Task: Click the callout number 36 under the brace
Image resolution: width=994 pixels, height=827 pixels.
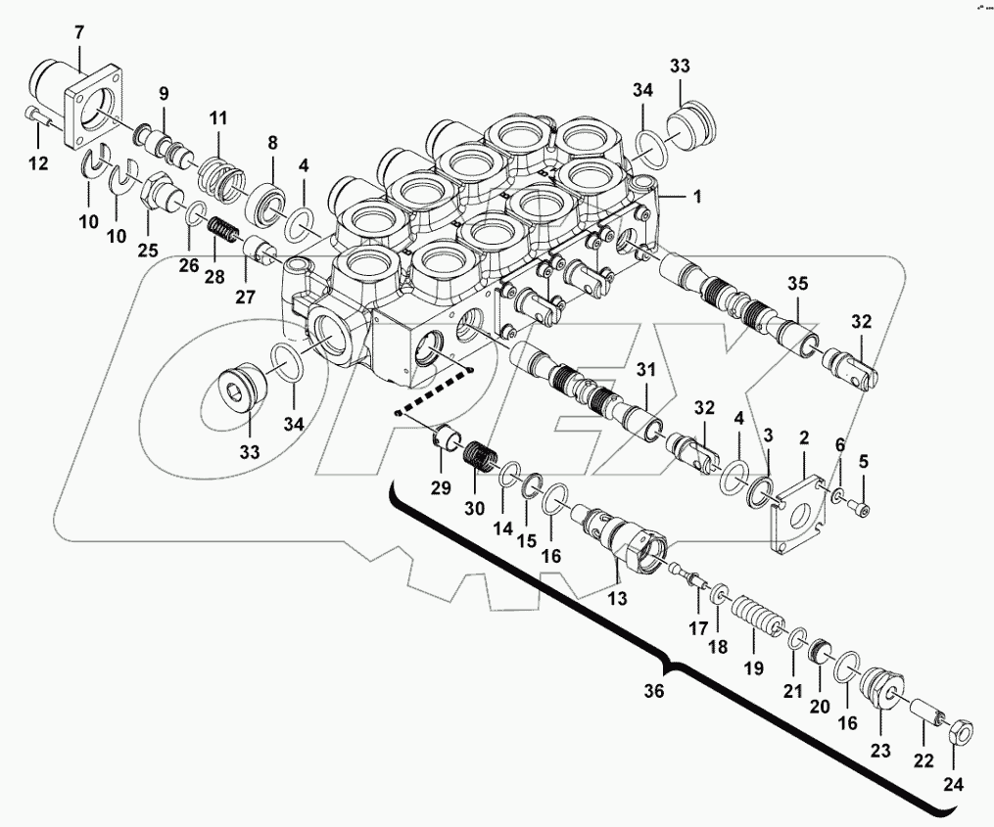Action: coord(652,691)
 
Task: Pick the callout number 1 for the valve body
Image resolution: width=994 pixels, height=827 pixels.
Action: coord(696,197)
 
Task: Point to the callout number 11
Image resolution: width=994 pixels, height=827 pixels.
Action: coord(217,118)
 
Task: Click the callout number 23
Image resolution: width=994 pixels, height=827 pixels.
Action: coord(878,751)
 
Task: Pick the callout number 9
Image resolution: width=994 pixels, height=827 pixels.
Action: coord(164,94)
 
